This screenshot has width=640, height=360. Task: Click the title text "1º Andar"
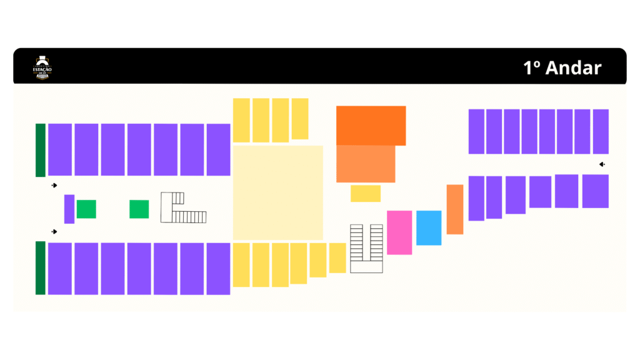[562, 67]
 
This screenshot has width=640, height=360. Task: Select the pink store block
[399, 232]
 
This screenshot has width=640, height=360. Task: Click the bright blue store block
[429, 227]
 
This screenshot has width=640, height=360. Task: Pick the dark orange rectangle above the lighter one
[371, 125]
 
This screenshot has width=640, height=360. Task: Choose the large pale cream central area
[278, 192]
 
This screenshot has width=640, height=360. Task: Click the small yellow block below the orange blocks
[366, 193]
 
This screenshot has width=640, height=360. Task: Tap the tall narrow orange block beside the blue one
[455, 209]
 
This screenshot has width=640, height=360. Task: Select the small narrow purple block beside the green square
[69, 209]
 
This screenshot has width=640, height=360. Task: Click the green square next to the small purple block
[86, 209]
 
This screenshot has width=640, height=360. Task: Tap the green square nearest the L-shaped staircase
[139, 209]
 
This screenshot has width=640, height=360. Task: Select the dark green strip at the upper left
[41, 150]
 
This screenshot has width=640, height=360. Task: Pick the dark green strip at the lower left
[41, 267]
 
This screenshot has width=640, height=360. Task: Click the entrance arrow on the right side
[602, 164]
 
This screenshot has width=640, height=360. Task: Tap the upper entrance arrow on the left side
[54, 186]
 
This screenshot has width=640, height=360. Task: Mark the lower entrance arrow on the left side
[54, 232]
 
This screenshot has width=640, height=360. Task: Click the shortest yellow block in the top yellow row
[300, 119]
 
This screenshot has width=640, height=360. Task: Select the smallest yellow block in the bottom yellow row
[337, 257]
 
